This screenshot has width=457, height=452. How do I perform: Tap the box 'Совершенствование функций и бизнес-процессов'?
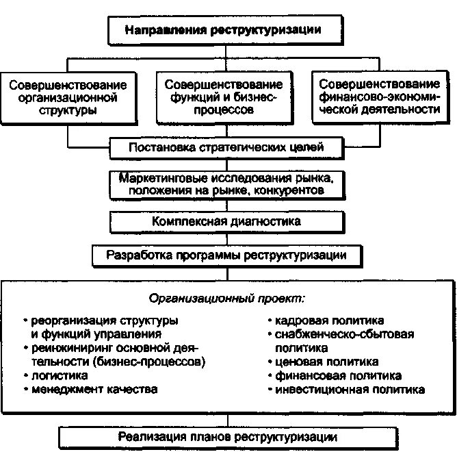(224, 97)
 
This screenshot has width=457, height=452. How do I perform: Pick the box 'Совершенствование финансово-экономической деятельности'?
(379, 97)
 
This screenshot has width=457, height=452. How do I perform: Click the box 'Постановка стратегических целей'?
(225, 147)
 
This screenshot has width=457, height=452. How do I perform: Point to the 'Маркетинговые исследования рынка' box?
(225, 184)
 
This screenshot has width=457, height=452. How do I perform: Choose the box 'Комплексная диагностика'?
(225, 222)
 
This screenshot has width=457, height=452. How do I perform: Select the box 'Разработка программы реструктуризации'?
(225, 256)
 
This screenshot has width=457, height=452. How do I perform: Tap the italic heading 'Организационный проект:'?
(226, 299)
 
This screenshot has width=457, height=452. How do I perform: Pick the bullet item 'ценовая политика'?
(326, 362)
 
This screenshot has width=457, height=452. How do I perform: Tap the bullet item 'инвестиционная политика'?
(350, 389)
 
